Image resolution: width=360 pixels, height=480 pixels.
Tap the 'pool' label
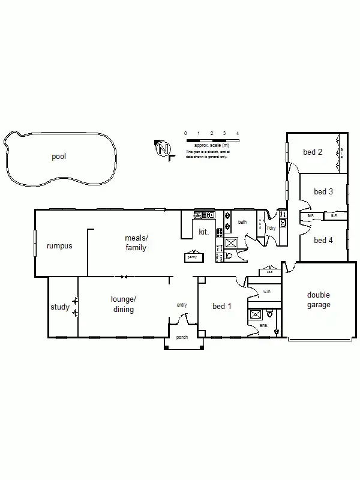[x=59, y=157]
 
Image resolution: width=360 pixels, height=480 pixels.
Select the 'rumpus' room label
[x=59, y=246]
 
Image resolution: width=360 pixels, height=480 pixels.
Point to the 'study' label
[x=60, y=307]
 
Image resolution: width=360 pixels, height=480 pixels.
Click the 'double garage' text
[x=319, y=299]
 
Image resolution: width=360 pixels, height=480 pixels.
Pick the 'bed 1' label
[x=223, y=307]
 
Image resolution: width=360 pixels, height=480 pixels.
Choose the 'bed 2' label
[x=313, y=152]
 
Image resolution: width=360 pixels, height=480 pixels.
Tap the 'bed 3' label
[x=323, y=192]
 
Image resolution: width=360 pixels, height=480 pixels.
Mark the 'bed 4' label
[x=323, y=240]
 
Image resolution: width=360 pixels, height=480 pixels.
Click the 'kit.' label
[x=203, y=232]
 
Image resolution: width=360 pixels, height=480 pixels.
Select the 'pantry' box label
[x=192, y=257]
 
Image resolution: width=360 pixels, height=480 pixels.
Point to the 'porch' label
[x=182, y=337]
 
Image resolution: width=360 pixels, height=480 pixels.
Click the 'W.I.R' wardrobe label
[x=267, y=292]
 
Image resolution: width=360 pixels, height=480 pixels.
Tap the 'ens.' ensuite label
[x=263, y=326]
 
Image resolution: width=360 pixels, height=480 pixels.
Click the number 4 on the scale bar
[x=238, y=133]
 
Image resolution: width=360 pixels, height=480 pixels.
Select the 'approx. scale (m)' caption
[x=212, y=145]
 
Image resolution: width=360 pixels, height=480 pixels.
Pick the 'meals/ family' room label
[x=136, y=243]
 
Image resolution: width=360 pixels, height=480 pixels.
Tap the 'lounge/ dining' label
[x=122, y=304]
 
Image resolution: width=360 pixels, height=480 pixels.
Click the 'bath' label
[x=242, y=222]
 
